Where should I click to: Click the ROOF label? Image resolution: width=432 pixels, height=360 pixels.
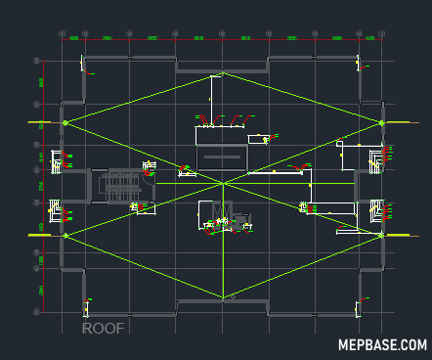(x=103, y=329)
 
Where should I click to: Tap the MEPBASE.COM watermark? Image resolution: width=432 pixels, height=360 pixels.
(x=382, y=345)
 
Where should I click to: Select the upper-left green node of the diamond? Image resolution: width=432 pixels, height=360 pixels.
(x=65, y=122)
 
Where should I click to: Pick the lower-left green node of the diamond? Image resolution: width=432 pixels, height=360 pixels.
(x=65, y=235)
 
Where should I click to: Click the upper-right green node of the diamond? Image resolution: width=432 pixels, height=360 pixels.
(x=380, y=122)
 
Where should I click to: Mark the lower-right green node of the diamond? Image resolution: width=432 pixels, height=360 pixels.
(x=380, y=235)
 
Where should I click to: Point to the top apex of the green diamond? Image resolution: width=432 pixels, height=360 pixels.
(x=223, y=72)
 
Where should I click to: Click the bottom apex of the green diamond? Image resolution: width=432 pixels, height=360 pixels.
(x=223, y=297)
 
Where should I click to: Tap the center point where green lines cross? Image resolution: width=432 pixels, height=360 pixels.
(x=223, y=183)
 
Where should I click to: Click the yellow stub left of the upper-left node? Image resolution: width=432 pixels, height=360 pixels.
(x=41, y=122)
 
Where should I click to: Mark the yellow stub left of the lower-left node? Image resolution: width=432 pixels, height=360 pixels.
(x=41, y=235)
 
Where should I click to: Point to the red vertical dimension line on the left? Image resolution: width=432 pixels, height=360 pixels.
(x=44, y=176)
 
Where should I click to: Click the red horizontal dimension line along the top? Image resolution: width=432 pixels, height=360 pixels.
(x=220, y=40)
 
